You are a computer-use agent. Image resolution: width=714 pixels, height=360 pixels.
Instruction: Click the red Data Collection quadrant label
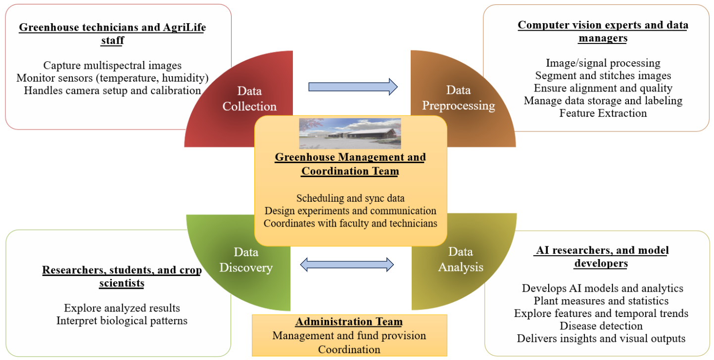click(249, 98)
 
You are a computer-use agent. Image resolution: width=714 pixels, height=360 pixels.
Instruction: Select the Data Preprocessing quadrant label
click(458, 97)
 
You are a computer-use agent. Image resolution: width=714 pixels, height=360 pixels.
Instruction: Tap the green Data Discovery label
click(246, 260)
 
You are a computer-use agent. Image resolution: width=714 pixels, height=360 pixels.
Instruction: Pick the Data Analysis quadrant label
click(460, 260)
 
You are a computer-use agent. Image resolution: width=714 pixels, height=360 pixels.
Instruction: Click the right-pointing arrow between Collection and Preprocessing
click(353, 87)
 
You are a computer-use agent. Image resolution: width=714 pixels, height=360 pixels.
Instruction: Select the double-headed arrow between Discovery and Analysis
click(347, 265)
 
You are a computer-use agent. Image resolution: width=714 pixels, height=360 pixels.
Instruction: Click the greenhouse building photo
click(350, 133)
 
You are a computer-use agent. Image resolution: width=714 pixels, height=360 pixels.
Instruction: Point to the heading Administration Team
click(349, 322)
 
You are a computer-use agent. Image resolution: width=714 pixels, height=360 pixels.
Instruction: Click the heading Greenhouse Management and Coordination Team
click(350, 164)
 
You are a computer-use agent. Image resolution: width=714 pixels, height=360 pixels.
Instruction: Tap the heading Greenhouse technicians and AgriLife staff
click(112, 33)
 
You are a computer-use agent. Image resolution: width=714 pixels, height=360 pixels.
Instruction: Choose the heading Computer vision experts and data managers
click(603, 31)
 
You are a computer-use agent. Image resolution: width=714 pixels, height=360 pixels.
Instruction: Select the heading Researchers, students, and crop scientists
click(122, 276)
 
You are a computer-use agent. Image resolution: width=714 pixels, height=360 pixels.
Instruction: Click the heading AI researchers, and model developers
click(601, 257)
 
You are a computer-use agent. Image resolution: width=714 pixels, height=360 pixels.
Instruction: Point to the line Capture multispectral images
click(112, 65)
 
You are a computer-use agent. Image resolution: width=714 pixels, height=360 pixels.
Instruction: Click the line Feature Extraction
click(603, 113)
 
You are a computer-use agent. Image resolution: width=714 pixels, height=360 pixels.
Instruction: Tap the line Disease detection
click(601, 326)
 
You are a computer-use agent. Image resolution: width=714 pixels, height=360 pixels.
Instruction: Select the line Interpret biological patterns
click(122, 320)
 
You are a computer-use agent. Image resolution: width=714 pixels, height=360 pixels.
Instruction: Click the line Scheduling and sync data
click(350, 198)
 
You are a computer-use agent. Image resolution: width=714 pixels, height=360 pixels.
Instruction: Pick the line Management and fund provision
click(349, 336)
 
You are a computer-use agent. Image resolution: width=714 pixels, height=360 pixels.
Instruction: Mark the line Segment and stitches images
click(603, 76)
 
